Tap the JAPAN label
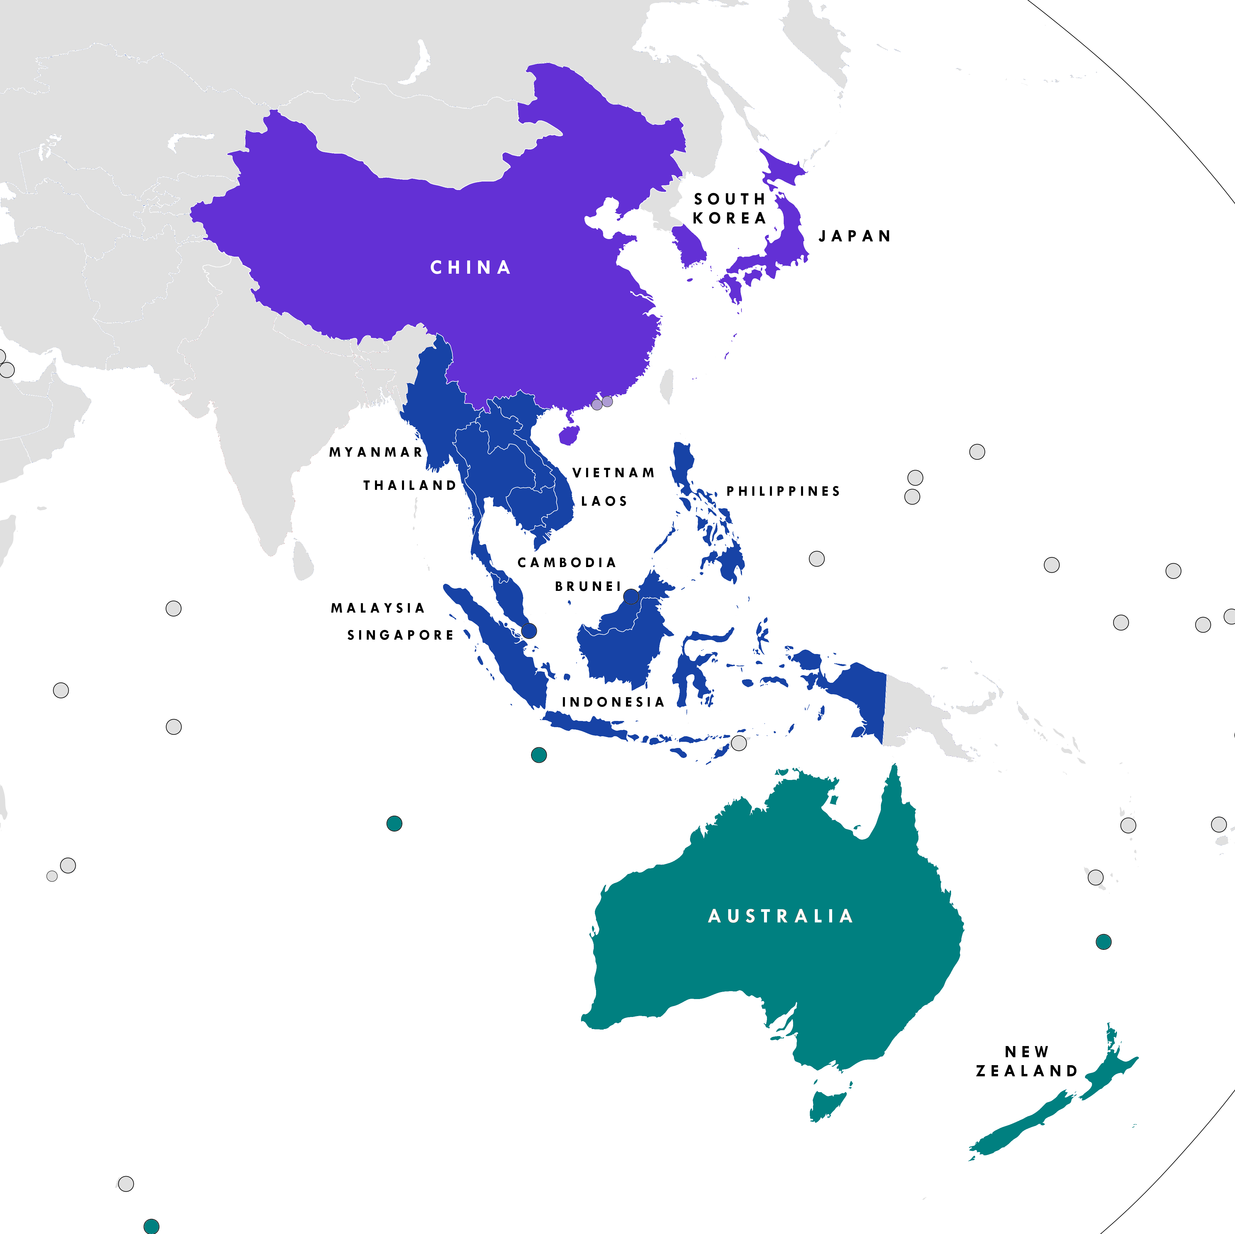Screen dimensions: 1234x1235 (855, 236)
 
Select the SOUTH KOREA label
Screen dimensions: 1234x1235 (729, 209)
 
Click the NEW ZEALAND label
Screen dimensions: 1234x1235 (1027, 1061)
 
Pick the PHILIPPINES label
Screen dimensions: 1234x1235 (783, 491)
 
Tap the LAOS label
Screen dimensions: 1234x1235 (604, 501)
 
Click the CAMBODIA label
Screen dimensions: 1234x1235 (566, 562)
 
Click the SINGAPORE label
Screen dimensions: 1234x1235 (400, 635)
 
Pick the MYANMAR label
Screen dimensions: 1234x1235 (376, 452)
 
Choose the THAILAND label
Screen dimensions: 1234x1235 (410, 485)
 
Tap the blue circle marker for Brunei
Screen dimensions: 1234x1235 (630, 596)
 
